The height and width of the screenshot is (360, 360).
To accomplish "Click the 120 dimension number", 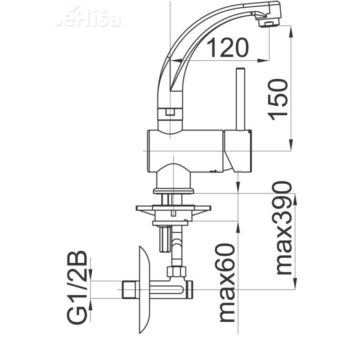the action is click(x=228, y=48).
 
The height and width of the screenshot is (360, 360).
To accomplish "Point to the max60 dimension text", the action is click(x=227, y=283).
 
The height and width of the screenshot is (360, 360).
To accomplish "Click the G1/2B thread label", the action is click(x=77, y=287).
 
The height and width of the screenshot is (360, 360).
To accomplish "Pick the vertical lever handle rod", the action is click(x=240, y=99).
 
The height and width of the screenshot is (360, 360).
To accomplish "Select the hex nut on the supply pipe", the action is click(x=176, y=271).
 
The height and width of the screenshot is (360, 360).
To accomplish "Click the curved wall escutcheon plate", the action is click(x=145, y=290).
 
